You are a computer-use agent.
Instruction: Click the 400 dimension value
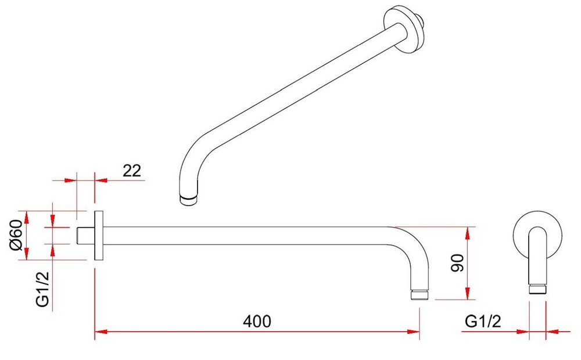click(x=257, y=321)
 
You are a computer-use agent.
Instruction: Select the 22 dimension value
click(x=132, y=171)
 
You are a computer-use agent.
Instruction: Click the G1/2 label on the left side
click(x=42, y=289)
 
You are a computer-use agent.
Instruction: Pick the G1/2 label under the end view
click(x=483, y=321)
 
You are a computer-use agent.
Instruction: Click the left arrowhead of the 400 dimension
click(x=101, y=332)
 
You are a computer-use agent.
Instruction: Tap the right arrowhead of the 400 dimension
click(x=413, y=332)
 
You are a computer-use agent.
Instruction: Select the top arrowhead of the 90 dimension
click(x=468, y=233)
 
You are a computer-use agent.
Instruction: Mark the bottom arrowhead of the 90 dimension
click(x=468, y=293)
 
